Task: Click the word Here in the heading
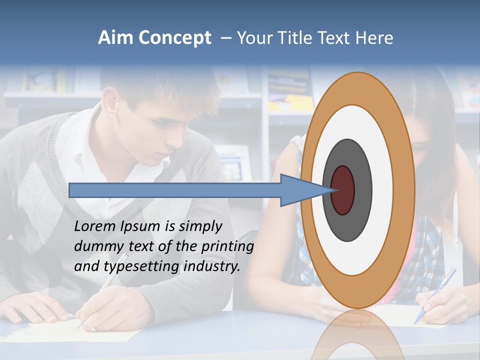(x=374, y=38)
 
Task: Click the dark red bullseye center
(x=342, y=190)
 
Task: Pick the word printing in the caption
(x=227, y=246)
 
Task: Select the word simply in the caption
(x=200, y=226)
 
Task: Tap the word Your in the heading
(x=254, y=38)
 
